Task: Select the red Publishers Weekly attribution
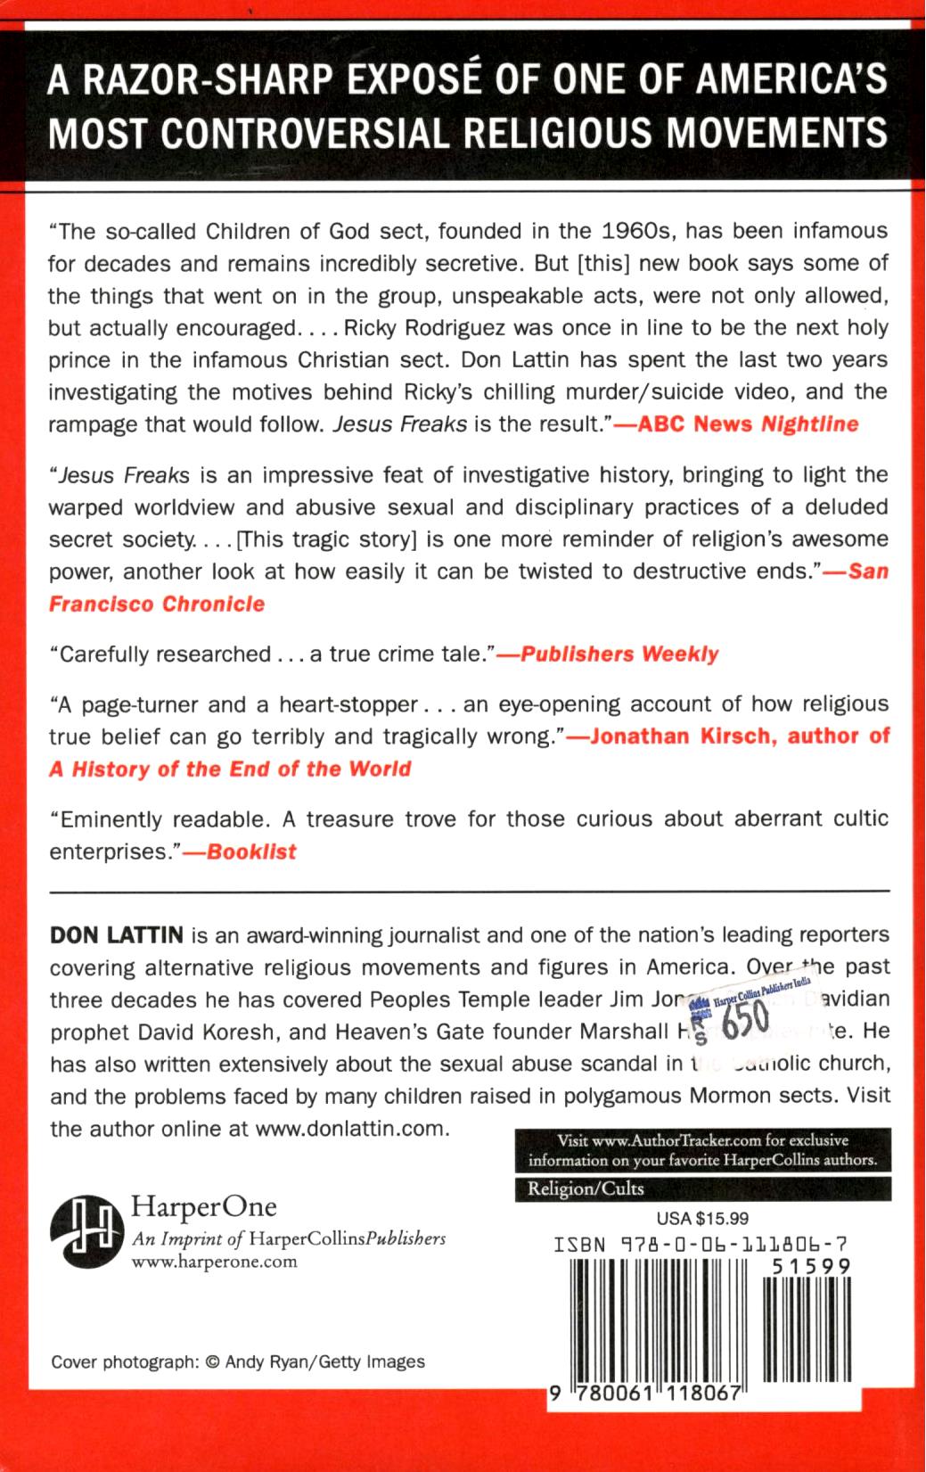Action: tap(619, 654)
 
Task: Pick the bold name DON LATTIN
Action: tap(117, 935)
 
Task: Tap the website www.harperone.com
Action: tap(214, 1262)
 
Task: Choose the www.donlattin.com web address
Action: tap(349, 1128)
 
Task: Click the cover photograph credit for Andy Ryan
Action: tap(238, 1361)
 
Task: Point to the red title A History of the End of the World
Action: tap(230, 769)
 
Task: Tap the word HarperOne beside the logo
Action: tap(204, 1206)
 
